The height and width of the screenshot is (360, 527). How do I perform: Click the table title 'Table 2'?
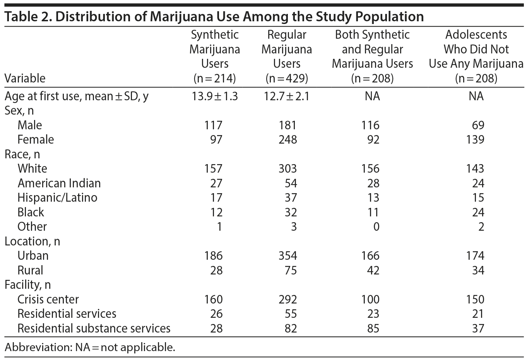click(x=27, y=17)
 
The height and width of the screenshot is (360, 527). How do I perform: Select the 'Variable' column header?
click(x=25, y=78)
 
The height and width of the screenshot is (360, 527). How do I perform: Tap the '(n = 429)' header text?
click(x=287, y=78)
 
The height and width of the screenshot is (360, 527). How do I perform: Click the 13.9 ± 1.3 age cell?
click(x=215, y=96)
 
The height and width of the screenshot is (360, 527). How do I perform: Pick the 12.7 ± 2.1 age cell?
click(x=287, y=96)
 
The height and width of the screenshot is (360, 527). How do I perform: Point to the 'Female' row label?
click(x=36, y=139)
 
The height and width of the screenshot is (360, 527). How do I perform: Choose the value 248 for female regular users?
click(x=287, y=139)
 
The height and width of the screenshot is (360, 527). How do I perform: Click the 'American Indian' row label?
click(x=59, y=183)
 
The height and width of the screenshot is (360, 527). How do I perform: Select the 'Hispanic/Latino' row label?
click(x=57, y=197)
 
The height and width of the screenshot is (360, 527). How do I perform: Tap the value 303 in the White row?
click(x=287, y=168)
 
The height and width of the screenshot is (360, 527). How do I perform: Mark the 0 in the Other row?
click(x=375, y=226)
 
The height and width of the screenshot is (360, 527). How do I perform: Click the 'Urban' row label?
click(x=33, y=255)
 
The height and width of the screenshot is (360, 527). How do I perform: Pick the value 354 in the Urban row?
click(x=287, y=255)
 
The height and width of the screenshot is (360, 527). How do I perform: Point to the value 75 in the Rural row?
click(x=291, y=270)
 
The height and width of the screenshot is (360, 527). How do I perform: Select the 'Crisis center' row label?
click(x=48, y=299)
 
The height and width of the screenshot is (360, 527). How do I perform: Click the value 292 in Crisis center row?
click(x=287, y=299)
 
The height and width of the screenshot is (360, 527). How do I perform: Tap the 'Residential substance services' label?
click(x=94, y=328)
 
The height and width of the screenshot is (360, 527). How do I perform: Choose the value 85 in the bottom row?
click(x=373, y=328)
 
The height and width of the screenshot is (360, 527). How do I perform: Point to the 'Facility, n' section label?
click(x=27, y=285)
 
